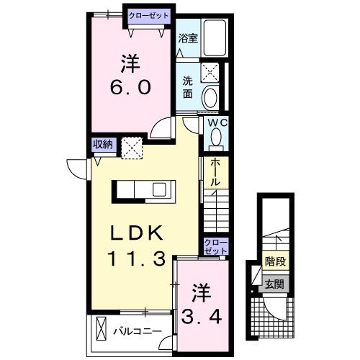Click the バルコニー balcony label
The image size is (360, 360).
137,331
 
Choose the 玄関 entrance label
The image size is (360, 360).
273,284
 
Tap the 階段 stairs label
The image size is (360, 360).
274,262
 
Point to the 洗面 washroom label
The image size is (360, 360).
187,86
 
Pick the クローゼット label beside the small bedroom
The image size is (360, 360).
215,246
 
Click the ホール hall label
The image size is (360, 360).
215,172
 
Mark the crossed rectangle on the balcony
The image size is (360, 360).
101,330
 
